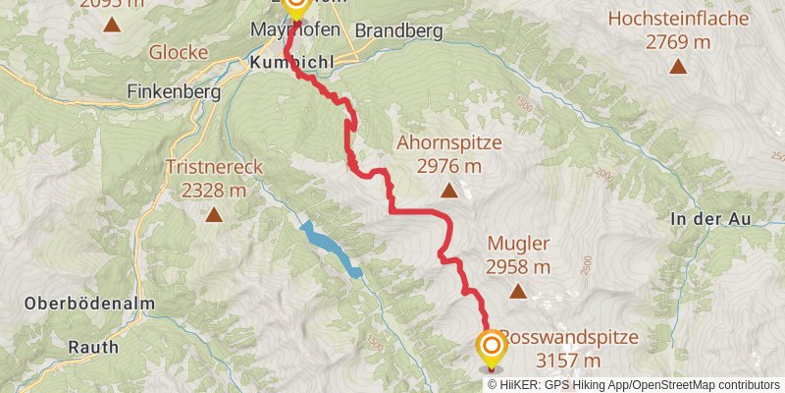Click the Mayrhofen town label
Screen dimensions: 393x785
coord(295,30)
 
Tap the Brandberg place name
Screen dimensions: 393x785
coord(398,30)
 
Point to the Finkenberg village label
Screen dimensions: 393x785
coord(172,90)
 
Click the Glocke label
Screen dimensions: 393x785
coord(178,51)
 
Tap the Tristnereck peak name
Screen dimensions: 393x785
coord(214,167)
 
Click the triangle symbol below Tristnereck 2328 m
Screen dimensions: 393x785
coord(213,213)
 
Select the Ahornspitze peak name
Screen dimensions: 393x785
coord(448,142)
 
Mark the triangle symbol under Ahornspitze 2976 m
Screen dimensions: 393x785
coord(448,191)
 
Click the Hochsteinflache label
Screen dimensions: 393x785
coord(677,19)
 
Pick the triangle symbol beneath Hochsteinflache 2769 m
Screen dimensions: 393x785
coord(677,67)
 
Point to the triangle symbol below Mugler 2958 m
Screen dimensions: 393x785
coord(517,291)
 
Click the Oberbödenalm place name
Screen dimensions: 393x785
coord(78,304)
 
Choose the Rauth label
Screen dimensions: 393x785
coord(93,347)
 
